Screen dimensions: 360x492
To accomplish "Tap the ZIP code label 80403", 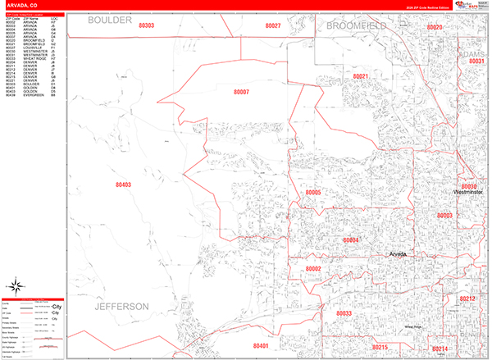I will pos(123,185).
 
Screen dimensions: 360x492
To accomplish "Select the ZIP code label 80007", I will pos(242,116).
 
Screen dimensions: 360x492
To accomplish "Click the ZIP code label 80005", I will pos(313,193).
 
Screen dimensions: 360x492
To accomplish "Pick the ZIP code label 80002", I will pos(313,269).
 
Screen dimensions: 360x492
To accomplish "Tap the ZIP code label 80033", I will pos(344,313).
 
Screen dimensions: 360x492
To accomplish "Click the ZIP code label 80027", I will pos(273,26).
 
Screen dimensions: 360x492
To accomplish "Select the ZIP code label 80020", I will pos(435,28).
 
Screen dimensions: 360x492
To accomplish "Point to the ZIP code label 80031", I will pos(476,62).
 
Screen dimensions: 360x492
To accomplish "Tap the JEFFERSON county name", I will pos(122,306).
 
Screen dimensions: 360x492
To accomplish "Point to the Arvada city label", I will pos(398,254).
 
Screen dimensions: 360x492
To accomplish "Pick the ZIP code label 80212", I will pos(467,298).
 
